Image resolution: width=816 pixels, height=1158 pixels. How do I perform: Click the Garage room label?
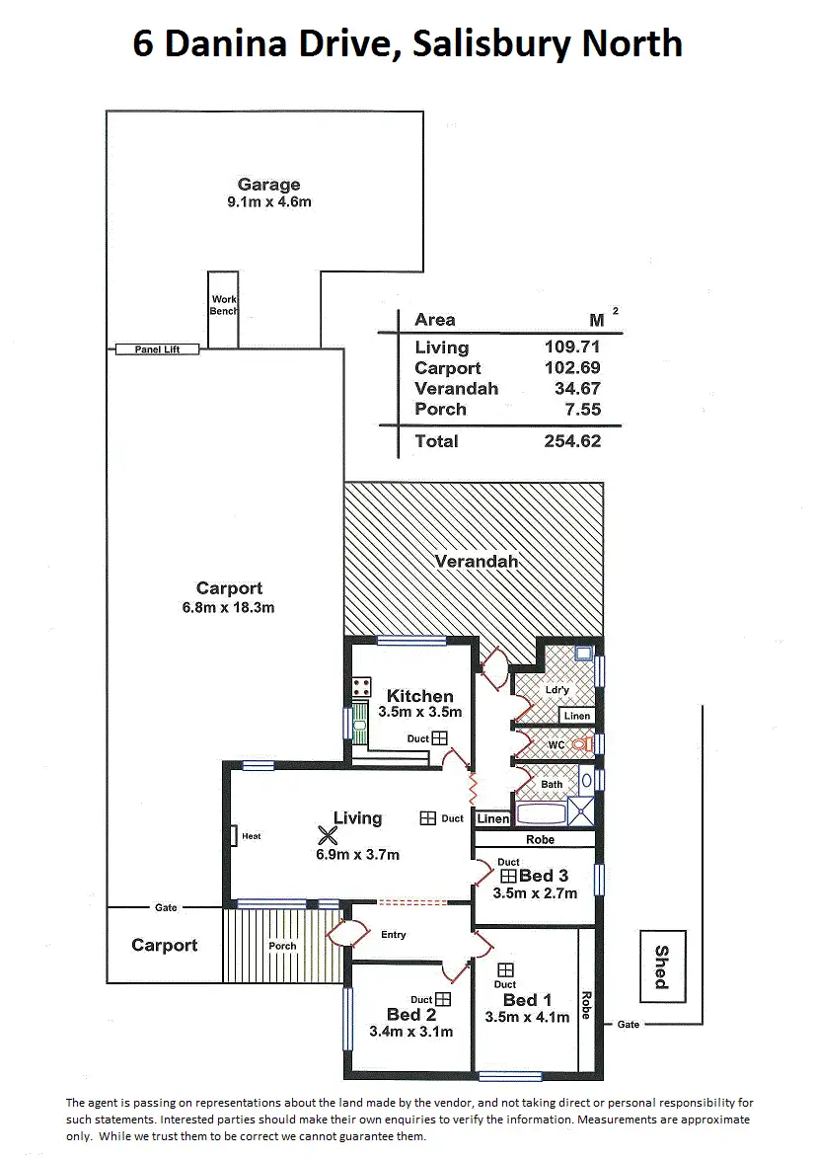[268, 185]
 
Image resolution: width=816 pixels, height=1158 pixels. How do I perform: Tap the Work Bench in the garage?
[223, 306]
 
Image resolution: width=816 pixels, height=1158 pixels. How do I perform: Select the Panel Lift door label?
[157, 349]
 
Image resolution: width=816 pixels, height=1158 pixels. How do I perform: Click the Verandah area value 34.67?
[577, 389]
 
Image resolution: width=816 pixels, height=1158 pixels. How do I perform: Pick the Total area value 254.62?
[572, 441]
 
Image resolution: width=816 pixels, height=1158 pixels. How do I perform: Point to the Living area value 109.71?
[572, 347]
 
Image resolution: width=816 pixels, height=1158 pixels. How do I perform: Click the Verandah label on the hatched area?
[477, 562]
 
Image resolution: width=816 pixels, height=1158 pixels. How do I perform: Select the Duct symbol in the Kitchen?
[439, 738]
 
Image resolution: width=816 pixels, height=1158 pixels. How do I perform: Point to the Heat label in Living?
[251, 837]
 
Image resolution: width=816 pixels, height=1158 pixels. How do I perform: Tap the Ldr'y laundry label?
[556, 690]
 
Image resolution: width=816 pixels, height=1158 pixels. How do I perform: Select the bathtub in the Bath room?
[541, 814]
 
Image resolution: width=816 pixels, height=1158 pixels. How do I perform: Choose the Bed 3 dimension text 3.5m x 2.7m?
[534, 893]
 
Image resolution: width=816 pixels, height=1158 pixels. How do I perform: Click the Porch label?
[282, 946]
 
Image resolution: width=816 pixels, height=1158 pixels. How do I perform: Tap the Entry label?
[393, 935]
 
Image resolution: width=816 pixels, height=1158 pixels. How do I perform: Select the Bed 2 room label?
[411, 1015]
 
